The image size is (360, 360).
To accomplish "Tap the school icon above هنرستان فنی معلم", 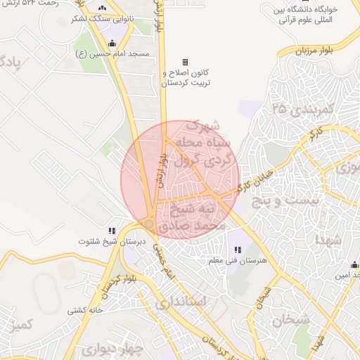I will point(237,250).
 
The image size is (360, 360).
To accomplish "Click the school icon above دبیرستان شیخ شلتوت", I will point(111,230).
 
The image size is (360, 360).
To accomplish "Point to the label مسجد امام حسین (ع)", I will point(108,54).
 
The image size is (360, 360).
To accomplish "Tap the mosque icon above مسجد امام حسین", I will point(112,44).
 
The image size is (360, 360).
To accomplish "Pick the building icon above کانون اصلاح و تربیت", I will point(186,62).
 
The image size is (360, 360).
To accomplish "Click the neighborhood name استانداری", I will point(180,302).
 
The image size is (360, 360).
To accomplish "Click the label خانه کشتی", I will point(86,309).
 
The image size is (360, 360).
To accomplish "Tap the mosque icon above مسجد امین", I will point(354,265).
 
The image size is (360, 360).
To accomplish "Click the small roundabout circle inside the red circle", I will point(149,224).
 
